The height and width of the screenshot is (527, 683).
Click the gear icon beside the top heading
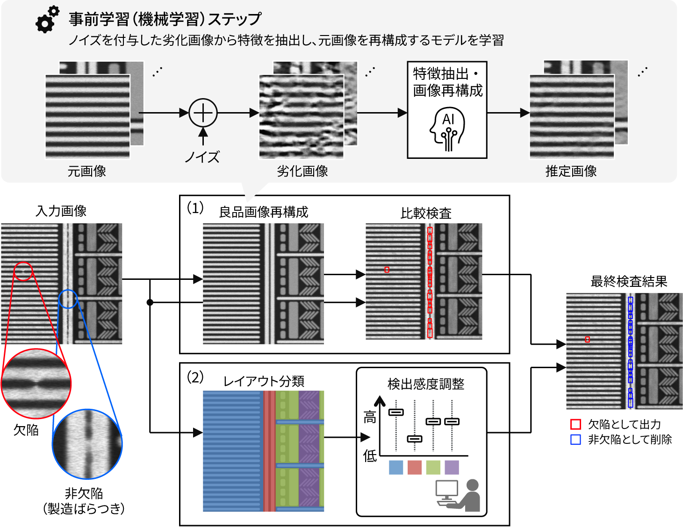click(x=47, y=19)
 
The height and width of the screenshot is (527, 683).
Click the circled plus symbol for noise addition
click(x=203, y=113)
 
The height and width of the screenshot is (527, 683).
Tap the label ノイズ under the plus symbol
click(x=202, y=157)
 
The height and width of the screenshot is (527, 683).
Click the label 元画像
click(x=87, y=171)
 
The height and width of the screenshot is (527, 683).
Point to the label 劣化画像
click(x=302, y=171)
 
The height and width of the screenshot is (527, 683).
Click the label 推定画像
click(x=571, y=171)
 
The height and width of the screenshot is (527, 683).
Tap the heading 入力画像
click(x=61, y=211)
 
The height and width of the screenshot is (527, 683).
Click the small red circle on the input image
click(x=23, y=271)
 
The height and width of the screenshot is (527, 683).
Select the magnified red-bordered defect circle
click(x=36, y=384)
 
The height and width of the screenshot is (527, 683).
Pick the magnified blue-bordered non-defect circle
click(x=87, y=444)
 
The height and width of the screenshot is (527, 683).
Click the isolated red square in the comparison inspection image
click(x=387, y=270)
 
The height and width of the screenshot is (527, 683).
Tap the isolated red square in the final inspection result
click(x=588, y=339)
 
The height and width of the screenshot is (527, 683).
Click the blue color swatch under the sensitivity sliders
click(x=396, y=467)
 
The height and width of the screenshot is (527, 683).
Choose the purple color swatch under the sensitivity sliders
click(x=452, y=467)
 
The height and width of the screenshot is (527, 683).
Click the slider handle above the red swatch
click(x=415, y=439)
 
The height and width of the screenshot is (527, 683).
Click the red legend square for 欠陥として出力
click(x=575, y=424)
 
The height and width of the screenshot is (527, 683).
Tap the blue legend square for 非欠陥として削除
click(x=575, y=440)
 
